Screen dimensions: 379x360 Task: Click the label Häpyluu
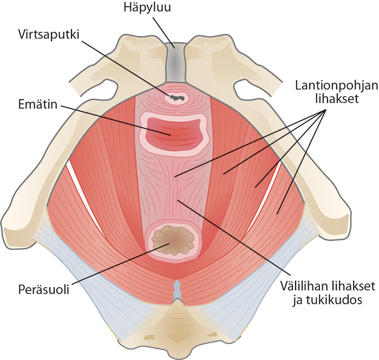click(x=147, y=7)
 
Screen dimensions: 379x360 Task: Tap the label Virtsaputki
click(x=49, y=35)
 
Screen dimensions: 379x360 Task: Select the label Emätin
click(x=38, y=104)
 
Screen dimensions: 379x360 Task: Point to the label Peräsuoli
click(x=44, y=289)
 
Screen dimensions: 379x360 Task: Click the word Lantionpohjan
click(x=336, y=86)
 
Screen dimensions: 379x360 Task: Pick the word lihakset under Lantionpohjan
click(x=337, y=99)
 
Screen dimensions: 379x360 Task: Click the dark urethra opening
click(x=177, y=98)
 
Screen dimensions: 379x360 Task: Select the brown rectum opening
click(x=173, y=240)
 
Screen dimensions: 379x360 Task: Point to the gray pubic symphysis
click(x=175, y=63)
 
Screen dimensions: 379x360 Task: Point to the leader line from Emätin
click(x=116, y=120)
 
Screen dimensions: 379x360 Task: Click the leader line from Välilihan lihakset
click(x=233, y=237)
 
